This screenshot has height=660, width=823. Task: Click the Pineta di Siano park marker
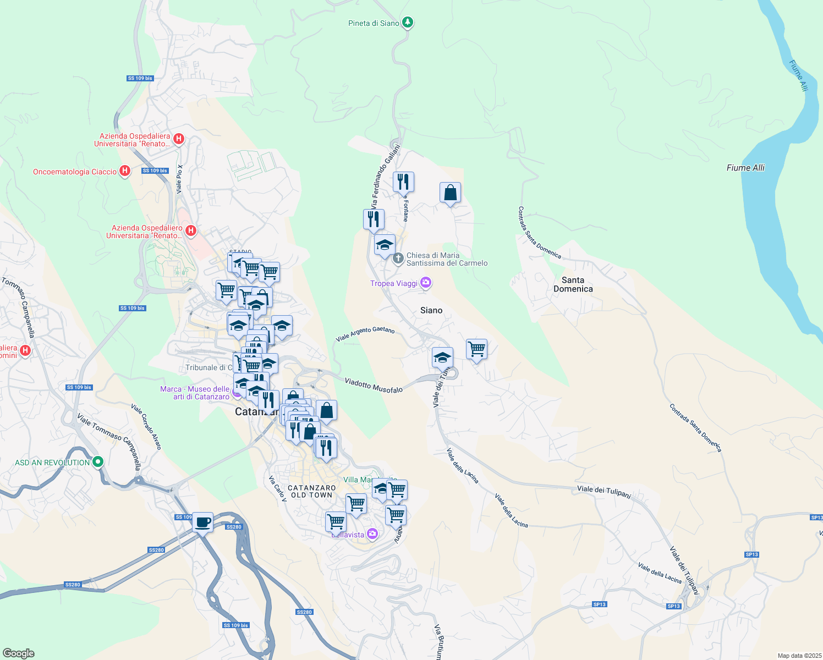pos(407,23)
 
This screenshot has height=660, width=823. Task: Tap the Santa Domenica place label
pos(573,284)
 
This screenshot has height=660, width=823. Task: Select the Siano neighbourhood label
pos(431,310)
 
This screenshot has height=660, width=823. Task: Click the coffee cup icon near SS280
pos(202,522)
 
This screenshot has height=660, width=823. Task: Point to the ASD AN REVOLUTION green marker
pos(98,462)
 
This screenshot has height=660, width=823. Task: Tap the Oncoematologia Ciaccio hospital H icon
pos(125,171)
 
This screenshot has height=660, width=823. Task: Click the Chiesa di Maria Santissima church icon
pos(398,257)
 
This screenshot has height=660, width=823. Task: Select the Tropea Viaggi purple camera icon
pos(425,283)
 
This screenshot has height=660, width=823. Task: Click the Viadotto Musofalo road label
pos(374,385)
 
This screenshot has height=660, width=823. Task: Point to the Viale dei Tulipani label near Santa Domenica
pos(603,491)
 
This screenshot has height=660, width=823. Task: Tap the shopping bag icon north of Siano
pos(450,193)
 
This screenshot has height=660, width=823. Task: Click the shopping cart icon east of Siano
pos(476,349)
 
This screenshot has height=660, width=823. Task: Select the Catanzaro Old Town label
pos(311,491)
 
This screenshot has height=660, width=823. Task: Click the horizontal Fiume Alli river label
pos(745,168)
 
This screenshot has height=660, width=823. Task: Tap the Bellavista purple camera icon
pos(372,533)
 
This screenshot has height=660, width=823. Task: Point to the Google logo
pos(18,653)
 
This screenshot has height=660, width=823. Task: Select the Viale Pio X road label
pos(179,179)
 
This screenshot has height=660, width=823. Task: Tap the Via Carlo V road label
pos(277,488)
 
